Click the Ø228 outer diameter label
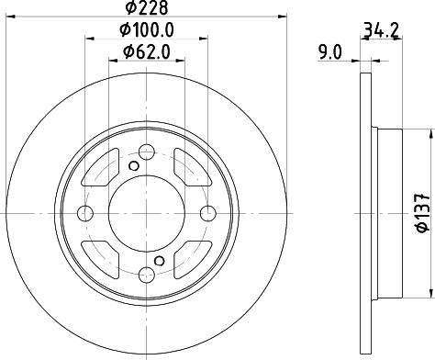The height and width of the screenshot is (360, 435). [x=147, y=7]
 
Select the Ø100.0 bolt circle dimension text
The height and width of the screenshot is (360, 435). [x=147, y=30]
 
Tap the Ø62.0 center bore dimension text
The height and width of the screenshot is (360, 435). [x=147, y=52]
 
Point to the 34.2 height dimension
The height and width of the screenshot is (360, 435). [x=381, y=31]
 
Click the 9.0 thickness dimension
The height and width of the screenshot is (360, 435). [x=329, y=52]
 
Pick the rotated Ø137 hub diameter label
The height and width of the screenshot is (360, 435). [x=422, y=213]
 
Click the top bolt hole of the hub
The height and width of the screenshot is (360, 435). [x=147, y=152]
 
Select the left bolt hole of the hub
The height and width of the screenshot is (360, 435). [x=85, y=213]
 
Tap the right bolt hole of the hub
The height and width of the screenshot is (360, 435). [x=208, y=213]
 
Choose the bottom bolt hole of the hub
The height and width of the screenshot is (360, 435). [x=147, y=275]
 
